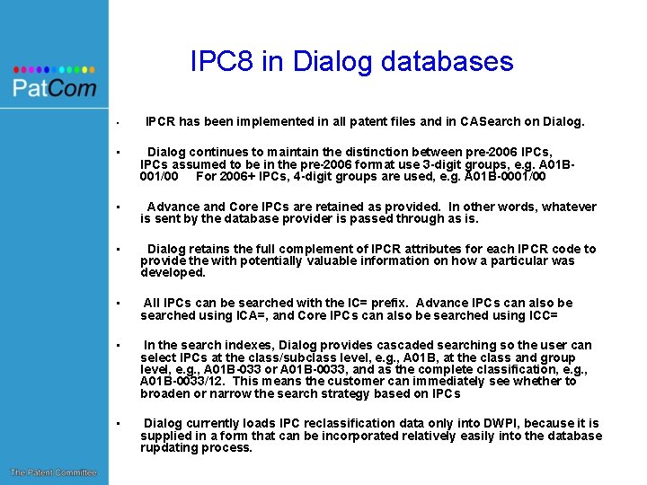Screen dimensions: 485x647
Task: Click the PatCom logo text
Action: [54, 88]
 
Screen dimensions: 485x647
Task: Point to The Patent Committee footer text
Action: [54, 472]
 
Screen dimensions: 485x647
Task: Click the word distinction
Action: [408, 152]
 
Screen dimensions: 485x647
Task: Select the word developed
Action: [173, 273]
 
